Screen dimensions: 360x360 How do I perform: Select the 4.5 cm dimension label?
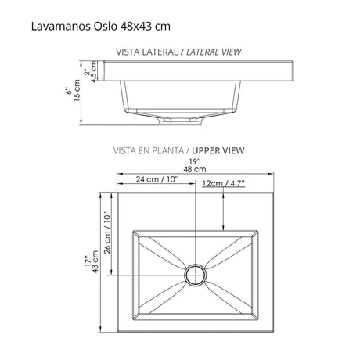(x=95, y=71)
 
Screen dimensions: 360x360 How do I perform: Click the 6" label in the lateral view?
(x=69, y=92)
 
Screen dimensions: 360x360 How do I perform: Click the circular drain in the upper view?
(x=193, y=275)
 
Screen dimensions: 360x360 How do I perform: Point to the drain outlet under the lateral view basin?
(x=178, y=121)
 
